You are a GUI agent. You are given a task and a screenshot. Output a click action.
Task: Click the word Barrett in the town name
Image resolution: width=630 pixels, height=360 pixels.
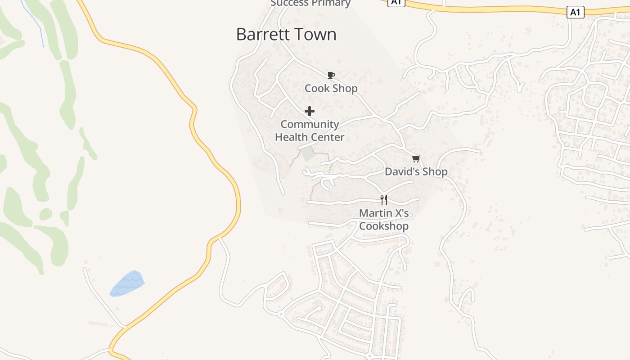261,35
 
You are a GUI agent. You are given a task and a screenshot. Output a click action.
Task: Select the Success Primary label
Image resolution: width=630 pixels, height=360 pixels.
310,3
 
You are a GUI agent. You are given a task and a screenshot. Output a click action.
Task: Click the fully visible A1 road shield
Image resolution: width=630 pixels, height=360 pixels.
575,12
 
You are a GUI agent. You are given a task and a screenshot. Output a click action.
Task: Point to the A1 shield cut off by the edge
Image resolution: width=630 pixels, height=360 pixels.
396,2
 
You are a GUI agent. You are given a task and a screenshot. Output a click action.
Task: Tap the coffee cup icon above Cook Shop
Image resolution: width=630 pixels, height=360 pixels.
331,75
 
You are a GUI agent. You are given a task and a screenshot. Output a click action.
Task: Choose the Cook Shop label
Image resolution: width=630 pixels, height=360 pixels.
331,88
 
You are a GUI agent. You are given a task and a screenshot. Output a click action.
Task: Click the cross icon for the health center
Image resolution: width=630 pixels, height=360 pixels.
310,111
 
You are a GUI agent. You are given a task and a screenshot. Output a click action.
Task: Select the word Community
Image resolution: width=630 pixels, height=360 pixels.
310,124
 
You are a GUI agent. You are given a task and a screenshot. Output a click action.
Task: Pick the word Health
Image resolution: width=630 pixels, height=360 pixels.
291,137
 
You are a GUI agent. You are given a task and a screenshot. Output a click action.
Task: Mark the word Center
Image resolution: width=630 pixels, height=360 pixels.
328,137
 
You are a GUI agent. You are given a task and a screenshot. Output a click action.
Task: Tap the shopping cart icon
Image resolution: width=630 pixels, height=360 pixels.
416,158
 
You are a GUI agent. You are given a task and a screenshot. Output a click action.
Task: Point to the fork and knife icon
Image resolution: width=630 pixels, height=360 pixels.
384,199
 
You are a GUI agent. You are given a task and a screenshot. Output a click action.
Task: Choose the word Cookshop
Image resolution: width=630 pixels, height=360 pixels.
384,226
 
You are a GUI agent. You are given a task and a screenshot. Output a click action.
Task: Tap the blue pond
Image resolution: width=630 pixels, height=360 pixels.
127,283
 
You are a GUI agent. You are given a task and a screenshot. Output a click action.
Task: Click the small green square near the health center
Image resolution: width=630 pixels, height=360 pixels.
308,154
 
